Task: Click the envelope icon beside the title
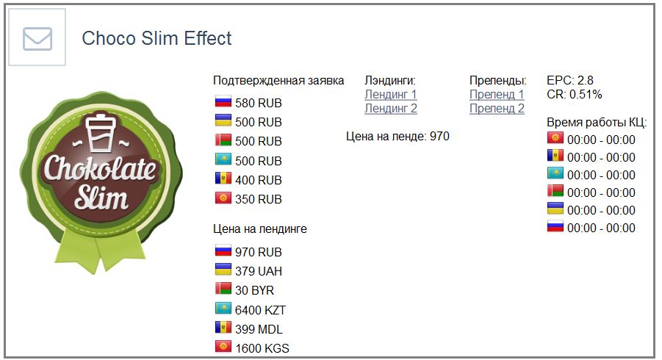37,38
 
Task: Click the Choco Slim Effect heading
156,38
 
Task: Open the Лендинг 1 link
391,94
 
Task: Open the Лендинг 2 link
391,109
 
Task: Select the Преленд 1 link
497,94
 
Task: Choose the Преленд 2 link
497,109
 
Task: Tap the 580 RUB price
258,103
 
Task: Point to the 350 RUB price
258,199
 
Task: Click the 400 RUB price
258,180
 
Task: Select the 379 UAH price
258,271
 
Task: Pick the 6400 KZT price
260,310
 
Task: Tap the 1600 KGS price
262,348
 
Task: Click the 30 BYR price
254,290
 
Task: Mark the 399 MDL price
259,329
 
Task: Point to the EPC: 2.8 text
569,80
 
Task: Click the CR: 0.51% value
574,95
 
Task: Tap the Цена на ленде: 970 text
397,136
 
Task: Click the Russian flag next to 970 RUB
223,251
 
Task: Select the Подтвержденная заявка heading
278,81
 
